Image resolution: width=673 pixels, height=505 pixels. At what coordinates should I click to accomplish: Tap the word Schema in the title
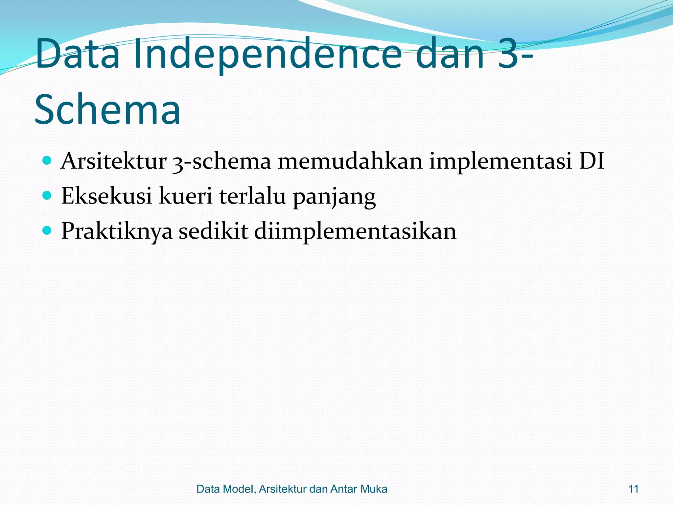point(107,109)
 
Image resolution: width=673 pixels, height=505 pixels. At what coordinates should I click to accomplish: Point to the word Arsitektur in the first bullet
point(114,161)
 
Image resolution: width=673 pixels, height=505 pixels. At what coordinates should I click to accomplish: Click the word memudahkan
point(350,161)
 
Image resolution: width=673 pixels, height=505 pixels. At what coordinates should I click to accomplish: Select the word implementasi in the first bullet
point(500,162)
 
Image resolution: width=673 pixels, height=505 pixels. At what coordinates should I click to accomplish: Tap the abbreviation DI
point(591,161)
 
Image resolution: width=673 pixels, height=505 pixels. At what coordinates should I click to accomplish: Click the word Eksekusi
point(106,196)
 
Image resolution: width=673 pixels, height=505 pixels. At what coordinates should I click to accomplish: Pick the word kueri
point(186,196)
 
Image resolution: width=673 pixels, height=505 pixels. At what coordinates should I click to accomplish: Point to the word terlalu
point(252,196)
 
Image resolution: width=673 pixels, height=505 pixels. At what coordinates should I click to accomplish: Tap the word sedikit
point(213,231)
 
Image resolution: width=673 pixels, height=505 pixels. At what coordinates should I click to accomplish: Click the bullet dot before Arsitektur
point(47,161)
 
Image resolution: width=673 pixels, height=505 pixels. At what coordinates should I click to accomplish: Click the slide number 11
point(633,489)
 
